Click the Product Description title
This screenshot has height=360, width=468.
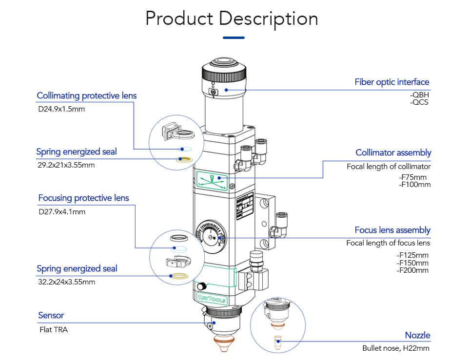(x=232, y=19)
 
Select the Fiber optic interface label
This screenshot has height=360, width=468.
(x=392, y=82)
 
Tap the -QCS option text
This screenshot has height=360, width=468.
(x=419, y=102)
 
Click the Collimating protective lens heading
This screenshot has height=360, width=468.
(x=87, y=95)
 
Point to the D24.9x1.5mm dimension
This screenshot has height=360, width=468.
(x=61, y=109)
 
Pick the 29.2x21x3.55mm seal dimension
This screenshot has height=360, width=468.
(x=66, y=165)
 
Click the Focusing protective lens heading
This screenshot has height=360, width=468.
(x=84, y=198)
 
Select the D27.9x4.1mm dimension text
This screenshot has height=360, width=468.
(x=62, y=212)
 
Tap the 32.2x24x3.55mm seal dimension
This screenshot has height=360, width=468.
(x=66, y=282)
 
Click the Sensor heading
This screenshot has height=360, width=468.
(x=51, y=315)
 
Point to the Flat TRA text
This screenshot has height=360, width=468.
(x=54, y=330)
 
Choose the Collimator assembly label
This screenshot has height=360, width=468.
(x=393, y=152)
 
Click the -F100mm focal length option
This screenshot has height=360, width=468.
(x=415, y=185)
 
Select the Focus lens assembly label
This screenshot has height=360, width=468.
(x=392, y=230)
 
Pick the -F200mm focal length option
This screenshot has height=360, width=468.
(x=413, y=270)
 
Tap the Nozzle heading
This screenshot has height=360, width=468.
(x=418, y=335)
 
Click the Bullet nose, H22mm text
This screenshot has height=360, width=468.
(x=396, y=348)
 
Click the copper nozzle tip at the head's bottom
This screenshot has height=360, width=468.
(x=223, y=344)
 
